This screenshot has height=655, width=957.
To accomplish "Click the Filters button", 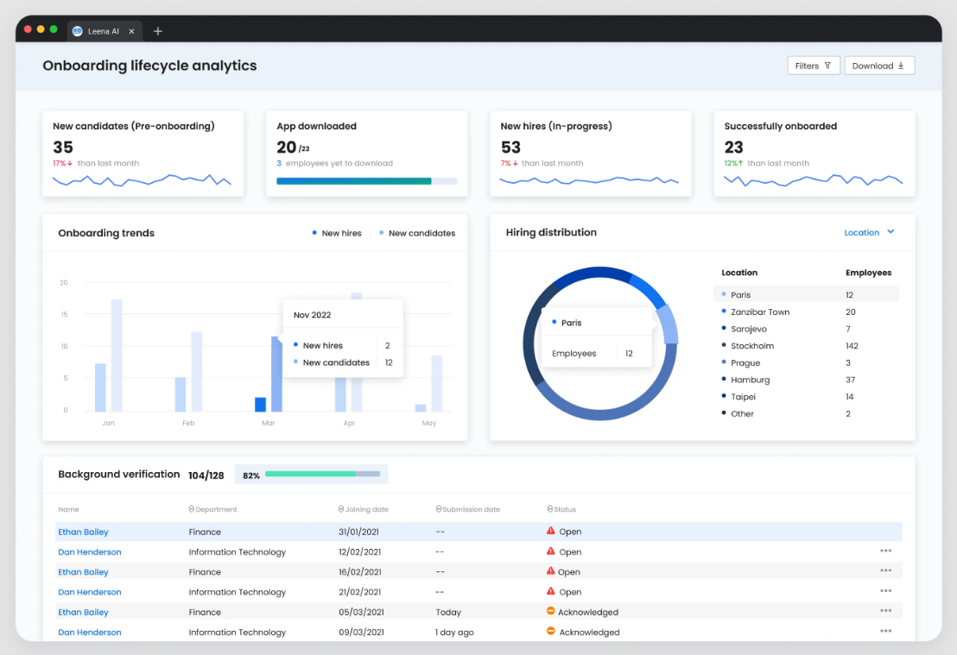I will (813, 66).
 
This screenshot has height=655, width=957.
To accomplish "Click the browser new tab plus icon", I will (158, 31).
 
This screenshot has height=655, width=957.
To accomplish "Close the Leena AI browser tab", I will (131, 31).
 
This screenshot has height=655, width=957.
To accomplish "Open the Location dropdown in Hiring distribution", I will (869, 232).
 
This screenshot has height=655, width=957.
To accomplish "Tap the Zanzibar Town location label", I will (760, 312).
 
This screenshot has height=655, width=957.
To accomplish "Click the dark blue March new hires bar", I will (260, 404).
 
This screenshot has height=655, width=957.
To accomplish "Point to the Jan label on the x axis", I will (108, 423).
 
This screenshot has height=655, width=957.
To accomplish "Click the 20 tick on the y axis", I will (64, 282).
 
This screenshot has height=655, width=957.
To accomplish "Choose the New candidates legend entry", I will (421, 233).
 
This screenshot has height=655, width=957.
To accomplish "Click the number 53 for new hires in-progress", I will (510, 148).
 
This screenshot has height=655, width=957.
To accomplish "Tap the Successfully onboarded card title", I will (780, 126).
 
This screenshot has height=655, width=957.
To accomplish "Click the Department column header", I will (216, 509).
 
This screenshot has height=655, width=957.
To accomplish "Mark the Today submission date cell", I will (448, 612).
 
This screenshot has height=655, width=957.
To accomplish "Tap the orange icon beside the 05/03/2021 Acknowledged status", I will (550, 611).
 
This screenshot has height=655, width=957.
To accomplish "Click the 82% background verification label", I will (251, 475).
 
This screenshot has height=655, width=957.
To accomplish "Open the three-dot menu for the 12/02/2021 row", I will (885, 551).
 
